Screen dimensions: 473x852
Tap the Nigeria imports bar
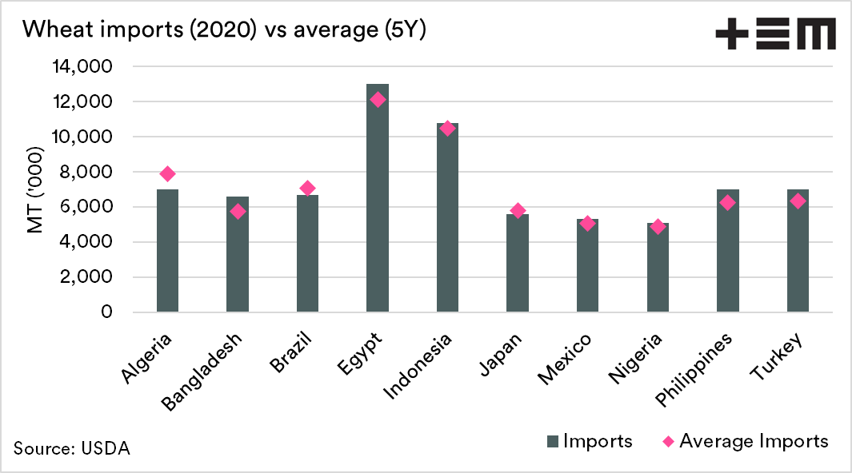click(658, 268)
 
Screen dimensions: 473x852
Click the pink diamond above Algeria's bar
click(167, 173)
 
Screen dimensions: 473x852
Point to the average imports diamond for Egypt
click(378, 100)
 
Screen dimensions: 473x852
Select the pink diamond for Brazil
click(307, 188)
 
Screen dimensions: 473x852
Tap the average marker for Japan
click(518, 211)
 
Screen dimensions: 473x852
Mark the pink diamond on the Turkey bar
click(798, 201)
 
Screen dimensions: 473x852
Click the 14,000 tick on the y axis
click(82, 67)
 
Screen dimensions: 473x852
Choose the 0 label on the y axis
click(106, 312)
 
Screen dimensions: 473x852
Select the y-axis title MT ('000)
click(34, 189)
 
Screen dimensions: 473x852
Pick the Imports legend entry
click(590, 441)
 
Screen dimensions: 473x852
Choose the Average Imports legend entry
click(745, 441)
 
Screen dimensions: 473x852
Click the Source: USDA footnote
click(71, 448)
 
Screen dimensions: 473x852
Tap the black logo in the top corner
click(775, 35)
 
